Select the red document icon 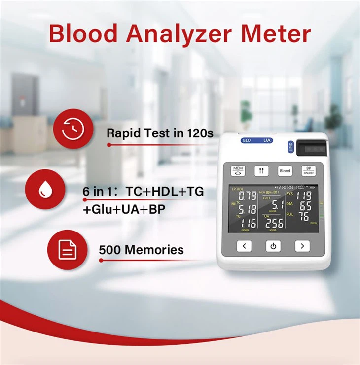click(x=67, y=250)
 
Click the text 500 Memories click(x=141, y=250)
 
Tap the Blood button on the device click(x=285, y=171)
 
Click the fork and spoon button click(x=261, y=171)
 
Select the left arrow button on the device click(x=244, y=246)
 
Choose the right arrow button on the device click(x=302, y=246)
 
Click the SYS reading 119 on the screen click(x=305, y=195)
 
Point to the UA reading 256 click(x=274, y=223)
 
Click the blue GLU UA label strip click(x=257, y=140)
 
